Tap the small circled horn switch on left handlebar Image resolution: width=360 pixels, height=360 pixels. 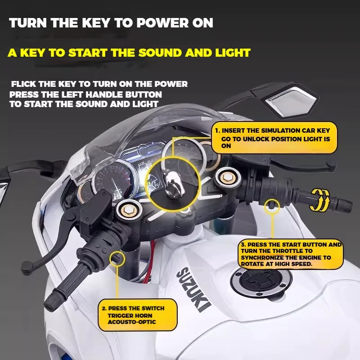tap(117, 258)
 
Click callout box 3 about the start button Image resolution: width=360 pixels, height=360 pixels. tap(290, 255)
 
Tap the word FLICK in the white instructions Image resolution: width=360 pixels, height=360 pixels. tap(25, 84)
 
